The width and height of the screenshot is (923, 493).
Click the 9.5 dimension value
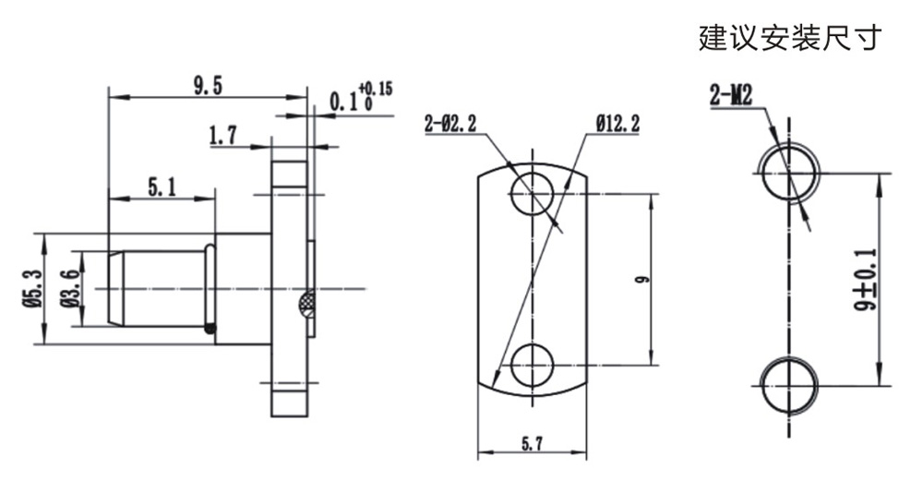click(208, 86)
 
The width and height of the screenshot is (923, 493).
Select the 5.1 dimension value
click(162, 188)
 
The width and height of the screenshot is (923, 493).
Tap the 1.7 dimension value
click(223, 136)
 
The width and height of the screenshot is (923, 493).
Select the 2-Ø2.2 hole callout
click(450, 125)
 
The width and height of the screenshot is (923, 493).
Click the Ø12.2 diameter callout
click(617, 125)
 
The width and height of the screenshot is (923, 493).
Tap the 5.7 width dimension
click(532, 444)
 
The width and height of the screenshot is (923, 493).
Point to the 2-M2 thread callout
click(731, 95)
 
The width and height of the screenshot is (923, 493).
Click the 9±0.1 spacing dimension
click(867, 280)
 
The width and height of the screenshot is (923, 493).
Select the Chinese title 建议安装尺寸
click(791, 37)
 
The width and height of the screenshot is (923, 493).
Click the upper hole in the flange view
click(533, 193)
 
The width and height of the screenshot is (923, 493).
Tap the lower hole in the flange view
click(533, 366)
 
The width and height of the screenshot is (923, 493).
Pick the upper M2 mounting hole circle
click(788, 173)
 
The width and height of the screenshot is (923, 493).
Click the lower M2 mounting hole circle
click(788, 387)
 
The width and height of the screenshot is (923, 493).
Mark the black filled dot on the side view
click(209, 328)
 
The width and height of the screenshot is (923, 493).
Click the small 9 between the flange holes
click(644, 279)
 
